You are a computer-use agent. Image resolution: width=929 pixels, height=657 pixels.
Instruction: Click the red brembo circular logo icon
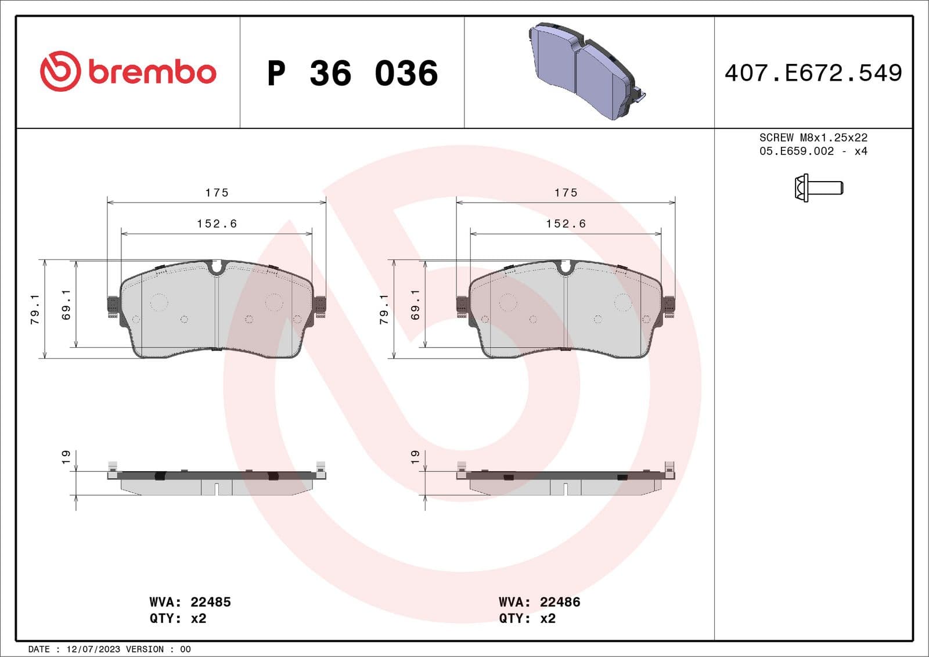60,71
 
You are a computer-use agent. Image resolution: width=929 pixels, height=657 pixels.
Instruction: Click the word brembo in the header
152,72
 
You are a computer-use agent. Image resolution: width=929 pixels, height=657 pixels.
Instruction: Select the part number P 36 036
352,73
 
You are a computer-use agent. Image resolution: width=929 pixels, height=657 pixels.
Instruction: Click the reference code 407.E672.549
813,73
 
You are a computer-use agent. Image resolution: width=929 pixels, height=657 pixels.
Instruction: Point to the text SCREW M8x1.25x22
813,138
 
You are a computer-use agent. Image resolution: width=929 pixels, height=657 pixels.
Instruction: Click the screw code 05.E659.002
796,151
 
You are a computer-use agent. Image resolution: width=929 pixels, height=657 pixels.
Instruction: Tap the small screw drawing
818,187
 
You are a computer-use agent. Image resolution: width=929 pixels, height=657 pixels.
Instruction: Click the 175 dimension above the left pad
217,193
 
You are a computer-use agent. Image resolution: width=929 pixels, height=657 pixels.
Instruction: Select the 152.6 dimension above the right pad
566,223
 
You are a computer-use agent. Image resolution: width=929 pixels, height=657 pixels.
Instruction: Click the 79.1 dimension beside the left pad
35,309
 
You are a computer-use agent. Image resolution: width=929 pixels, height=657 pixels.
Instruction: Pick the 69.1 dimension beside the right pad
415,305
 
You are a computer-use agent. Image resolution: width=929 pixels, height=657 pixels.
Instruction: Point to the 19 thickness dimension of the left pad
66,457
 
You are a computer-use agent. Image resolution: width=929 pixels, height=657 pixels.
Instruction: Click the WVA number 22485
211,602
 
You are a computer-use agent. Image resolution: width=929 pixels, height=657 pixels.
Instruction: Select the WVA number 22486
560,602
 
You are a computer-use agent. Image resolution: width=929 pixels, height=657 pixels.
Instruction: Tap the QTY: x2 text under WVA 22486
527,619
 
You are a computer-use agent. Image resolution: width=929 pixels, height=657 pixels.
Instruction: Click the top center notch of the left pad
217,267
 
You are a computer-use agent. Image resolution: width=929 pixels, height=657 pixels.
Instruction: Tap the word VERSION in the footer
145,649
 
